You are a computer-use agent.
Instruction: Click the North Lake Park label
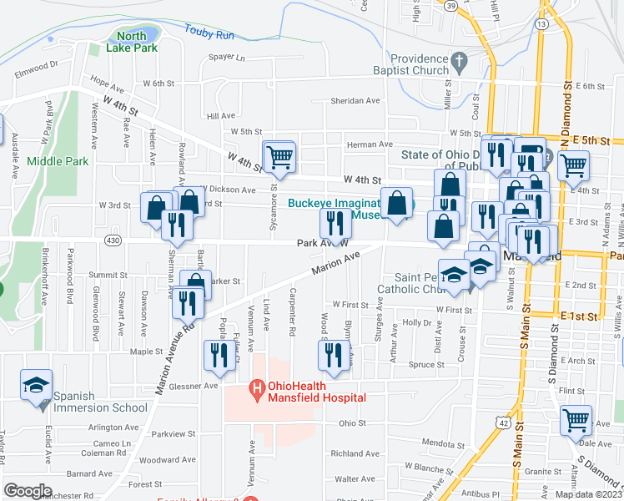pyautogui.click(x=131, y=42)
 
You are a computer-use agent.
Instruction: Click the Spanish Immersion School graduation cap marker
pyautogui.click(x=37, y=385)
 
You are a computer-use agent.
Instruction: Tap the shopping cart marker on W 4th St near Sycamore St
pyautogui.click(x=279, y=155)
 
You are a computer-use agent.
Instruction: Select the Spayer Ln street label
pyautogui.click(x=227, y=58)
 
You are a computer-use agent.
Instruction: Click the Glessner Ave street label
pyautogui.click(x=194, y=386)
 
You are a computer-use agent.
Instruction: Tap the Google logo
pyautogui.click(x=28, y=491)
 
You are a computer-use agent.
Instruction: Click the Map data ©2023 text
pyautogui.click(x=587, y=494)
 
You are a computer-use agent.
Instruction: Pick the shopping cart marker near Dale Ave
pyautogui.click(x=576, y=420)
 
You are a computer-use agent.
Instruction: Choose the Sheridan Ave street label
pyautogui.click(x=355, y=100)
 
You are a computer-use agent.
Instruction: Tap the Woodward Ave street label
pyautogui.click(x=161, y=459)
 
